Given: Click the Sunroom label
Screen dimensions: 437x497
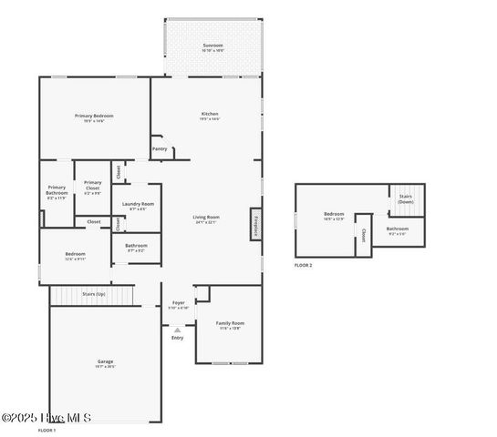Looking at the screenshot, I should (212, 45).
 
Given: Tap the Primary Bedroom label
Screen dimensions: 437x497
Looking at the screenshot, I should (95, 116).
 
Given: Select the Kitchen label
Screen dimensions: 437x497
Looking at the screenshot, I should (210, 114).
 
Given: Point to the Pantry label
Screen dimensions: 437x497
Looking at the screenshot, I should (160, 147).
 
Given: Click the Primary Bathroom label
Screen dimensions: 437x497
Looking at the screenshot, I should (57, 190).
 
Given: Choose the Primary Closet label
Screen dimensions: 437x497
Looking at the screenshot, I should (92, 185).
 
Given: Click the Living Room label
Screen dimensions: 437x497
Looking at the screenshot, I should (206, 217).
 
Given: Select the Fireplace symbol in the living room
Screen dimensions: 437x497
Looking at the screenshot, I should (256, 225).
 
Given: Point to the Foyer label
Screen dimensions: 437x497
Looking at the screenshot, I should (179, 302).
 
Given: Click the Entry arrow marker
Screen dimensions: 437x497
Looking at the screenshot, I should (177, 330).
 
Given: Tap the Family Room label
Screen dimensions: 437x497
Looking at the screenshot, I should (230, 323).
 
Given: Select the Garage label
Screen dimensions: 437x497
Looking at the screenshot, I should (106, 361).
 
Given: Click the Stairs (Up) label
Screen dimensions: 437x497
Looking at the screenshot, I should (93, 294).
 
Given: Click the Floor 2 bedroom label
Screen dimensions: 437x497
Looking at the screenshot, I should (334, 214).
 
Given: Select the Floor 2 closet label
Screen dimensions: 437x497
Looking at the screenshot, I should (363, 235).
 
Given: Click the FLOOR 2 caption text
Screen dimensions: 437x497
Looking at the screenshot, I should (303, 265).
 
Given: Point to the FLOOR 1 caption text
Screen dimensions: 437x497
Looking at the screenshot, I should (47, 429).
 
